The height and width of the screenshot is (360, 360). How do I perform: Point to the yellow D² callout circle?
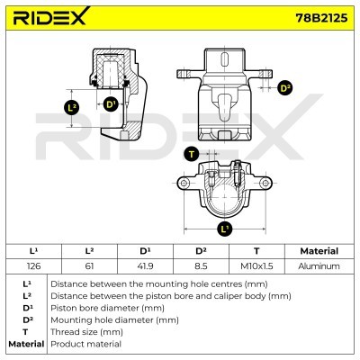click(x=285, y=87)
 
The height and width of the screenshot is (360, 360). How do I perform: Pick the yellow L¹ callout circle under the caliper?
click(x=225, y=229)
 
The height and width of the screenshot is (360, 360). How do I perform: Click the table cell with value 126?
click(x=34, y=265)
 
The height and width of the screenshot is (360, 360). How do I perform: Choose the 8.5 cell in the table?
click(x=202, y=265)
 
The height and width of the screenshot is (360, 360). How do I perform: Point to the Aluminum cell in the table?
click(x=319, y=265)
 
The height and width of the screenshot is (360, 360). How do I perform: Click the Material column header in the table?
click(x=319, y=251)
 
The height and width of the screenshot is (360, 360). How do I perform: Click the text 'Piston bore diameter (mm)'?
click(x=103, y=307)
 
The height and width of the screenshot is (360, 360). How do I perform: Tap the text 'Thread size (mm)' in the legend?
click(x=86, y=331)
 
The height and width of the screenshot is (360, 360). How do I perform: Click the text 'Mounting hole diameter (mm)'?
click(x=109, y=319)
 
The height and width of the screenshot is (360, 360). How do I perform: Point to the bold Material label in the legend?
click(x=26, y=344)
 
